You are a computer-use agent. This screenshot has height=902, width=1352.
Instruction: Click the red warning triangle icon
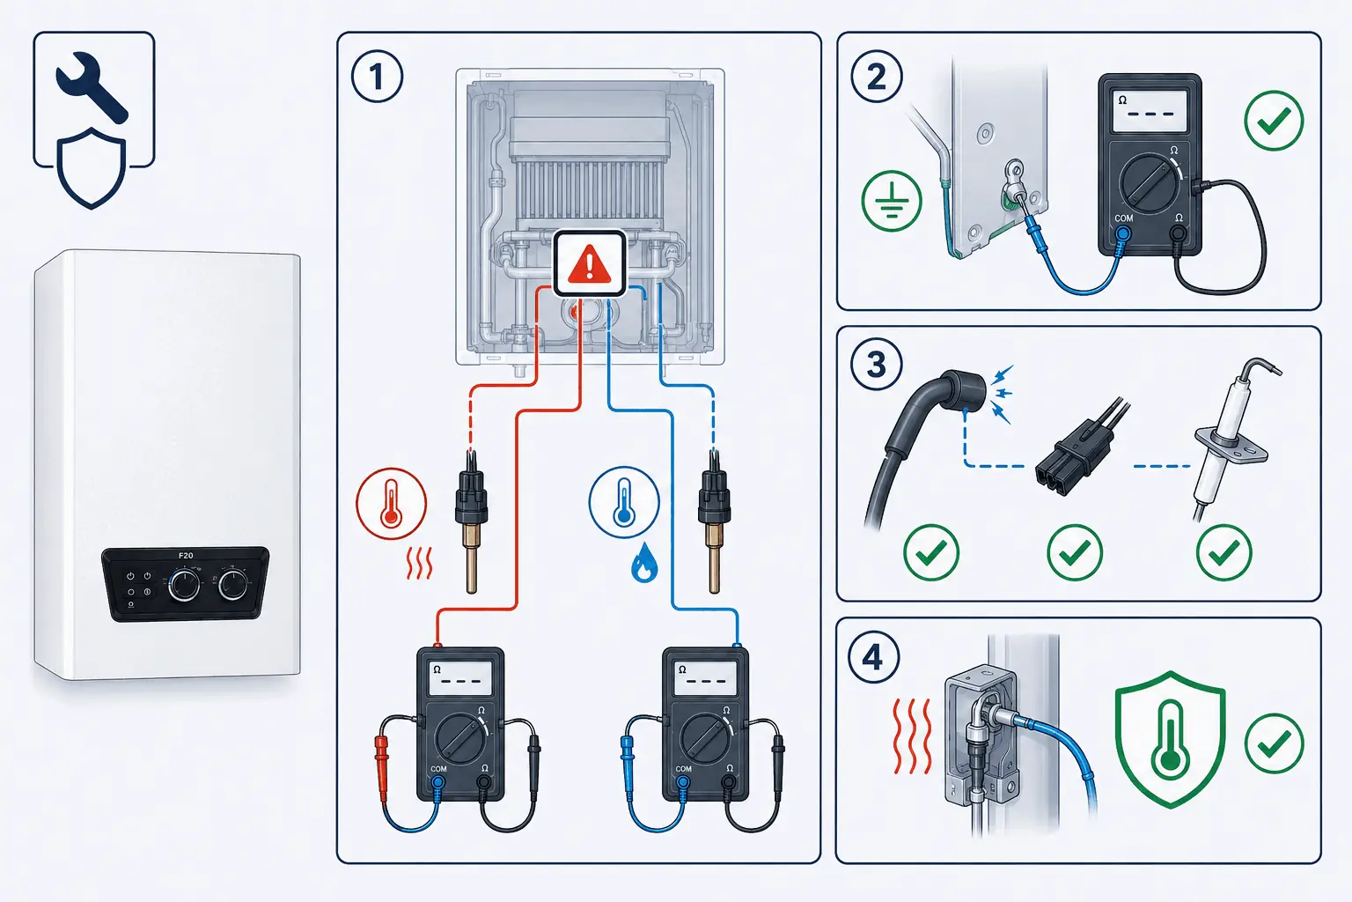(589, 264)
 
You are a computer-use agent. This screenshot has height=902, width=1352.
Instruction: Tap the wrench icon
(92, 87)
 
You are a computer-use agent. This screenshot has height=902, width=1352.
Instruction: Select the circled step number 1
(377, 77)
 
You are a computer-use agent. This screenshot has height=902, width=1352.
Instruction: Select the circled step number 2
(877, 77)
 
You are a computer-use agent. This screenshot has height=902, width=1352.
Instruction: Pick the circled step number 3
(876, 365)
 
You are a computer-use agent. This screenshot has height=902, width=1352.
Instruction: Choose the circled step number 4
(874, 657)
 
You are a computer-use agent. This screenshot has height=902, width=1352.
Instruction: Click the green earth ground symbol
(892, 201)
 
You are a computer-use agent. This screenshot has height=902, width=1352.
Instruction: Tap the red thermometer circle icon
(391, 503)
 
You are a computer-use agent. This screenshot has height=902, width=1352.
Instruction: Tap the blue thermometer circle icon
(624, 502)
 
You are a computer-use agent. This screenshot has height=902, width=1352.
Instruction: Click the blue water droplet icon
(644, 563)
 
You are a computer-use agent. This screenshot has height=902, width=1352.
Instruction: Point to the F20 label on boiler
(186, 555)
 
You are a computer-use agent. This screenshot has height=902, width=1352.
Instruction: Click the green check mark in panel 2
(1275, 120)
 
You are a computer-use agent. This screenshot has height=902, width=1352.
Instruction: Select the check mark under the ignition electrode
(1224, 552)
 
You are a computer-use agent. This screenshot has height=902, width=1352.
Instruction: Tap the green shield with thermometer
(1171, 739)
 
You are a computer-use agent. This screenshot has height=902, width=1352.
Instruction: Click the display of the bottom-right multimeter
(706, 678)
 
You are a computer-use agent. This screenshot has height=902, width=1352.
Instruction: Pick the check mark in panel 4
(1275, 743)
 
